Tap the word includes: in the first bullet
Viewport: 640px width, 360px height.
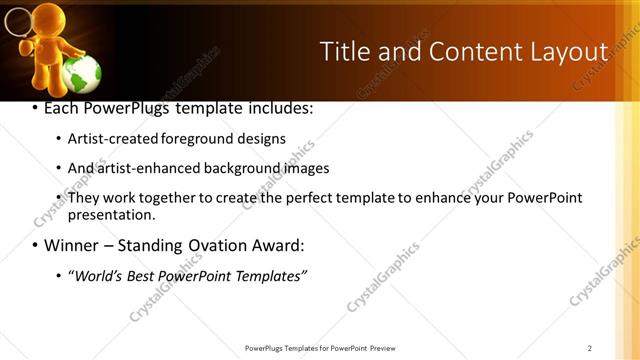(x=279, y=107)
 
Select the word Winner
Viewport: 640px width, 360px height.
(x=71, y=245)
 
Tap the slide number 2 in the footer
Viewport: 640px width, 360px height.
(x=590, y=348)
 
